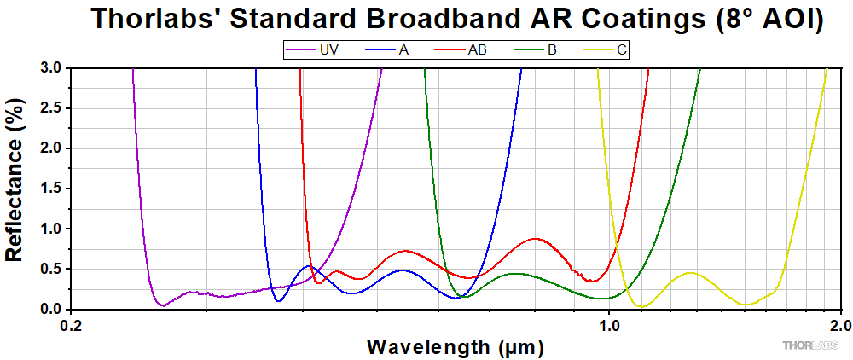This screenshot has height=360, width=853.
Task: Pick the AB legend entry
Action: pyautogui.click(x=477, y=50)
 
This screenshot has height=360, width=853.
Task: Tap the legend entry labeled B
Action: pyautogui.click(x=552, y=50)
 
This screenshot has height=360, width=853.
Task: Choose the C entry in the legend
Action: pyautogui.click(x=622, y=50)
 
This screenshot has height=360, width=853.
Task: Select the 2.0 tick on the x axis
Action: pyautogui.click(x=840, y=325)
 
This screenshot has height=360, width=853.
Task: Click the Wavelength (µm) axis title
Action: pyautogui.click(x=455, y=347)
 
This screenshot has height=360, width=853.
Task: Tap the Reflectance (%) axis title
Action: pyautogui.click(x=15, y=189)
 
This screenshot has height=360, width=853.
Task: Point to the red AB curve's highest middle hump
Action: pyautogui.click(x=535, y=239)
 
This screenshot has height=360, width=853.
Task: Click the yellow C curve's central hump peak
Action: pyautogui.click(x=690, y=273)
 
